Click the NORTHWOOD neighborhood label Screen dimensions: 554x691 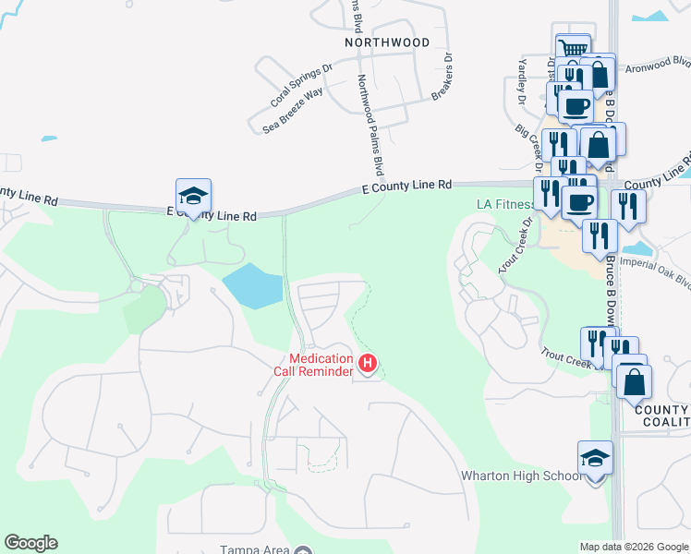(386, 42)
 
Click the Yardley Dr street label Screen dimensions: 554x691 (522, 80)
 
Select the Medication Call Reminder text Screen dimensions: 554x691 (321, 365)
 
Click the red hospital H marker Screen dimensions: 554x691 (368, 364)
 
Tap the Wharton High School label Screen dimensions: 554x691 (522, 476)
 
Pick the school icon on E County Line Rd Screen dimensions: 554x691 (194, 196)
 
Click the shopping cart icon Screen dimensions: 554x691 (573, 48)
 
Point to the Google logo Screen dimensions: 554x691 (30, 543)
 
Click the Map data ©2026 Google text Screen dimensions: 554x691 (633, 547)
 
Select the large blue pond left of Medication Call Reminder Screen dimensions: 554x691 (252, 286)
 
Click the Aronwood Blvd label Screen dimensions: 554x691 (658, 66)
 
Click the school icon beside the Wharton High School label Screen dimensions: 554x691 (595, 458)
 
